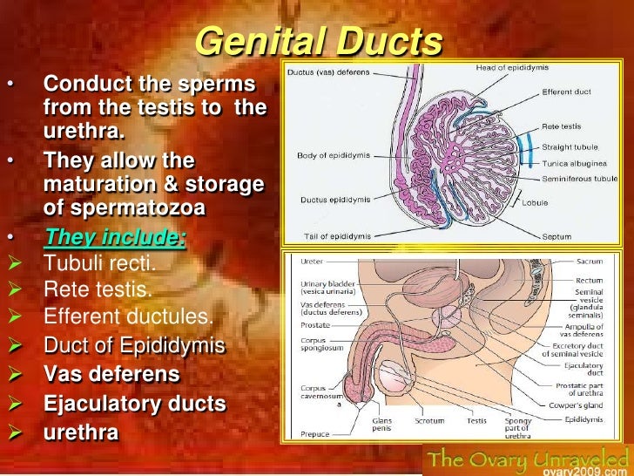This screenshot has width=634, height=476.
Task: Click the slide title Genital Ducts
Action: pos(318,42)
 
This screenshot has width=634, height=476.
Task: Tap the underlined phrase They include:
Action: pos(115,238)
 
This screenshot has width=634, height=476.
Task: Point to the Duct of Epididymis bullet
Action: pos(134,346)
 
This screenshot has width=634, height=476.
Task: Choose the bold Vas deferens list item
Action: pos(112,374)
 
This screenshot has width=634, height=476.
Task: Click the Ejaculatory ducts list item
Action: pos(135,404)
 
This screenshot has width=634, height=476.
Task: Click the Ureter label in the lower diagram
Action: pos(312,262)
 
